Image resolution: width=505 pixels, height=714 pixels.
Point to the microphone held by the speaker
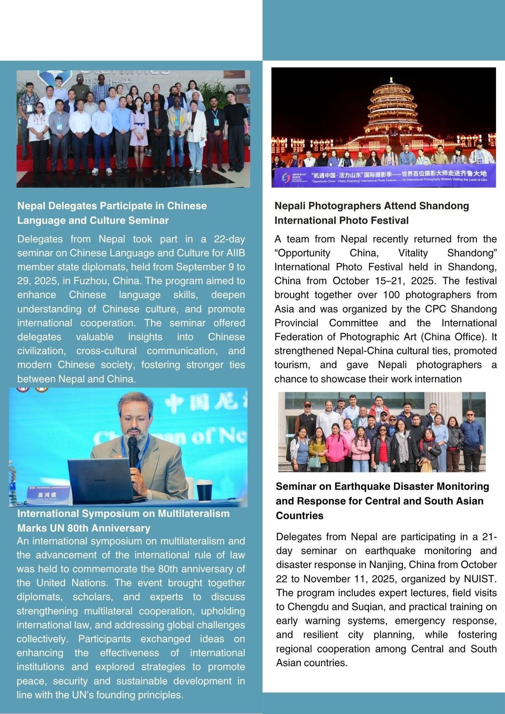click(133, 451)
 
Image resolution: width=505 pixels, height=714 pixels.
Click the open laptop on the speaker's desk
click(100, 480)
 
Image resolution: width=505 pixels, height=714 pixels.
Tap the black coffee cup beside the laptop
click(204, 490)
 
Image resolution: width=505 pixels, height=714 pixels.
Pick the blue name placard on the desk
click(48, 495)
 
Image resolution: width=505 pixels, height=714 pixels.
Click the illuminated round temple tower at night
click(391, 112)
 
